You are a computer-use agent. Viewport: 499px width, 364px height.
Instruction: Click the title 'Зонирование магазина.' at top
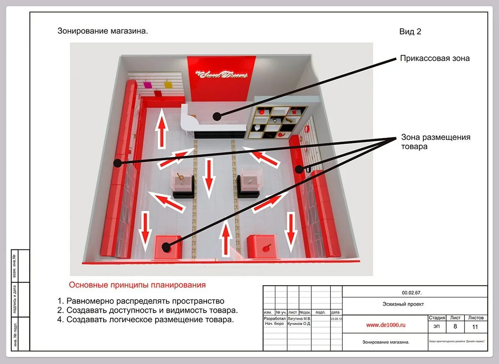103,31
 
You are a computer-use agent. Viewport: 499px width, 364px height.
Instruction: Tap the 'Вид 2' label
410,32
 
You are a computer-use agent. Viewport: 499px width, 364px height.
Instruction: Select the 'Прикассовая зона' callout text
435,59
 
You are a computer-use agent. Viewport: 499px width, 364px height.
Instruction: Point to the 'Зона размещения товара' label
435,142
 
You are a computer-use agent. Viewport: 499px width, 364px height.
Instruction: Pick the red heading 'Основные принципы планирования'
137,285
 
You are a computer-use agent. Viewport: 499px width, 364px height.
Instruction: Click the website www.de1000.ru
385,325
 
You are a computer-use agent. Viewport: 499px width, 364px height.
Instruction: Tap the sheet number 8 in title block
455,327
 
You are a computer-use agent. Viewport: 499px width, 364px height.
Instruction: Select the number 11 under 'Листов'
475,327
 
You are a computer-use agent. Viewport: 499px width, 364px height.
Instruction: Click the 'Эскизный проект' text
403,304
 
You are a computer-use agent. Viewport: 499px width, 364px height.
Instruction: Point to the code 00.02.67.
412,293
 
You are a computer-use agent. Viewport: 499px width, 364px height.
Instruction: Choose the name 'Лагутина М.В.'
299,319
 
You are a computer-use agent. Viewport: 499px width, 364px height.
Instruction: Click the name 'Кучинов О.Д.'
299,323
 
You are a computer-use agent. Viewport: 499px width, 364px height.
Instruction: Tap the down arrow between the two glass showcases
209,178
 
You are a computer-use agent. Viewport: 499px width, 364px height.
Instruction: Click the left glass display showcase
183,182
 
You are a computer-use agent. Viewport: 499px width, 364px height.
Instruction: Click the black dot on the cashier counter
216,115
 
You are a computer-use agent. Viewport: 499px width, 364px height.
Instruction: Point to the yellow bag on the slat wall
168,85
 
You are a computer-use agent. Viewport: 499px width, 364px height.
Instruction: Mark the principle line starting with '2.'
148,310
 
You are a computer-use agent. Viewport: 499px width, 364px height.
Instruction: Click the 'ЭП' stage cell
437,327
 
